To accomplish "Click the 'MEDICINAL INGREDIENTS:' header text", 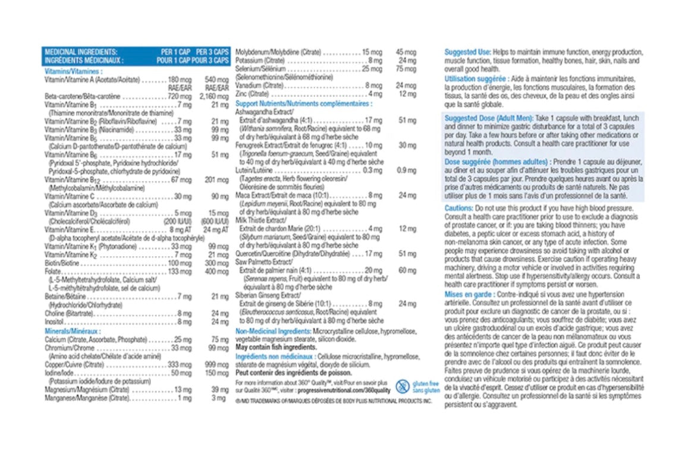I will [81, 52].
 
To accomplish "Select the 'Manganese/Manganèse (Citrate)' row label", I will [87, 398].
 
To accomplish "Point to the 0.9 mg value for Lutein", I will [407, 170].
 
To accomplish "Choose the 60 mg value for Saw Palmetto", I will [407, 270].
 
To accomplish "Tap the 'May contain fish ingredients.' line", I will [275, 346].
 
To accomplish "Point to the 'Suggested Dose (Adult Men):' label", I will [489, 118].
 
